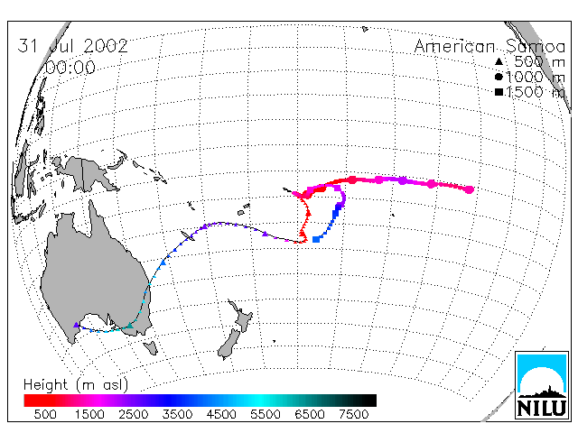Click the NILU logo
click(542, 385)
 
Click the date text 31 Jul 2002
click(72, 46)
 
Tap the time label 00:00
click(70, 68)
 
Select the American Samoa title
click(489, 47)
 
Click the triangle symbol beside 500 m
click(499, 62)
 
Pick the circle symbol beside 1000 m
click(499, 77)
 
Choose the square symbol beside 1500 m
click(499, 92)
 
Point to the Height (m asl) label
click(76, 385)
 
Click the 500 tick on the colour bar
click(45, 415)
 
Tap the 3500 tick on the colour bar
click(177, 415)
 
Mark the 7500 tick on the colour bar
click(353, 415)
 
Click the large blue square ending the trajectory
click(316, 239)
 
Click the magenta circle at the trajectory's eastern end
click(470, 189)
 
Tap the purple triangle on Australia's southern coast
click(76, 325)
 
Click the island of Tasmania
click(151, 347)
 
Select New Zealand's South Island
click(228, 344)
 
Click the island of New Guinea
click(88, 174)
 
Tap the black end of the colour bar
click(365, 401)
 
